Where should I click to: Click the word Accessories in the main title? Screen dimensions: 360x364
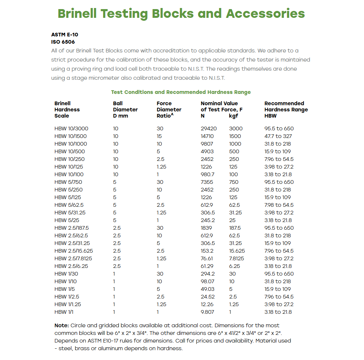[265, 13]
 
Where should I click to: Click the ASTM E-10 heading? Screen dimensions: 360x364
[65, 35]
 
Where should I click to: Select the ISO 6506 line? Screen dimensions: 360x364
[63, 42]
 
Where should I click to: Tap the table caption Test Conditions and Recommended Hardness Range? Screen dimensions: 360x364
[181, 92]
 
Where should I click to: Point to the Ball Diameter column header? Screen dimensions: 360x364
[125, 109]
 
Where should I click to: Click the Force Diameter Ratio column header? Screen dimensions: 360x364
[169, 109]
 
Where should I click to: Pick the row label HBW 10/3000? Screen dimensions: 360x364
[71, 128]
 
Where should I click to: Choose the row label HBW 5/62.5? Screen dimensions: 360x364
[70, 205]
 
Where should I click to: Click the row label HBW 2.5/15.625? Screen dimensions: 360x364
[74, 251]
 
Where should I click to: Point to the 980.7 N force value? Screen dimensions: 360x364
[207, 174]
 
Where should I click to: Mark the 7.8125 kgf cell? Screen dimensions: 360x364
[237, 258]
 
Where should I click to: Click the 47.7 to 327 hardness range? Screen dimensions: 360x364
[278, 136]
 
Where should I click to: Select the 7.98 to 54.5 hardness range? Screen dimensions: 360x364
[279, 205]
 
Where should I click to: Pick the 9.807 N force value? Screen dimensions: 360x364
[207, 312]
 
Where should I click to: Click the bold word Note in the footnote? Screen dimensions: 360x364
[62, 325]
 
